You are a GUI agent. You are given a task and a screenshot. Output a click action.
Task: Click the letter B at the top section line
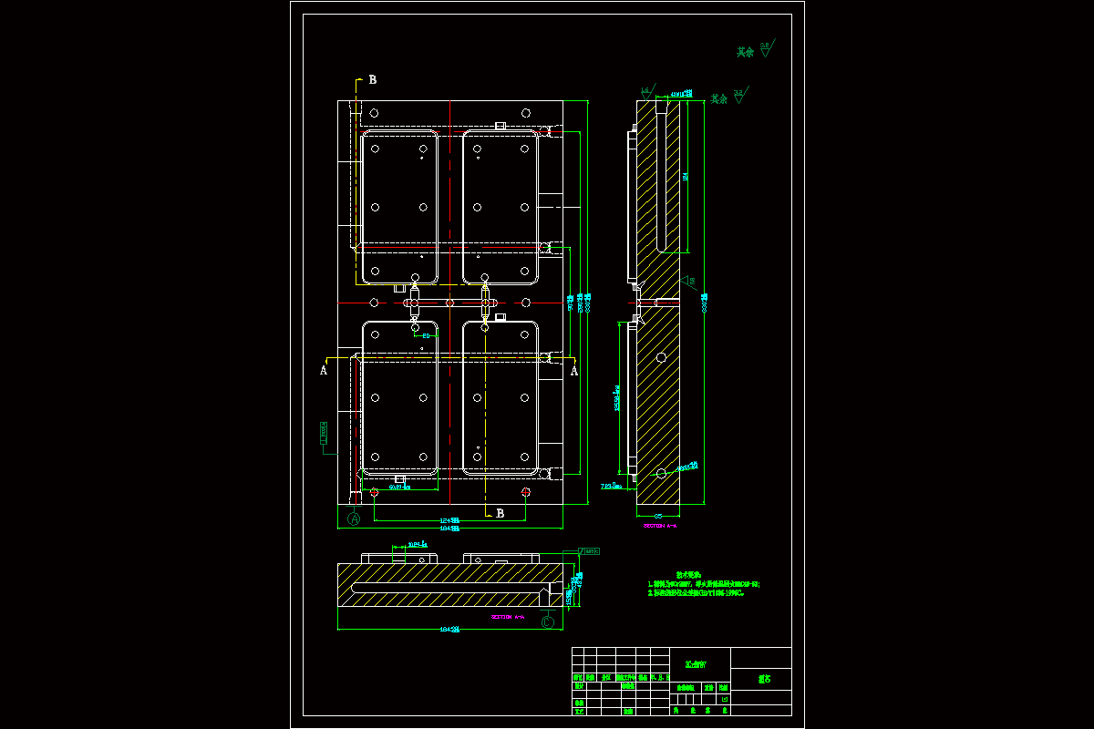(x=372, y=79)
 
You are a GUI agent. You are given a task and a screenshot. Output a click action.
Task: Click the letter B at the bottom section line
(x=500, y=514)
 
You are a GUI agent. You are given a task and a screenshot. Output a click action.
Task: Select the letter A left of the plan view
(x=323, y=370)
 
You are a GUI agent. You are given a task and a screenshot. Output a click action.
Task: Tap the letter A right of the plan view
(x=574, y=370)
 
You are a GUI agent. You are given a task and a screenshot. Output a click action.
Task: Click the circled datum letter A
(x=355, y=519)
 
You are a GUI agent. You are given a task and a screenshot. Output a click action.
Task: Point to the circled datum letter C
(x=547, y=622)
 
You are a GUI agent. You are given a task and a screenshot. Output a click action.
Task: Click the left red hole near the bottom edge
(x=374, y=492)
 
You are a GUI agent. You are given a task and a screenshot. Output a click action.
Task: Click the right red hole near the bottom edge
(x=526, y=492)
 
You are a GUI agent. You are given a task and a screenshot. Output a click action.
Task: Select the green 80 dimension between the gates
(x=425, y=336)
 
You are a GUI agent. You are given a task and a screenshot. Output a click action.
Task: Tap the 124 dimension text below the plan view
(x=449, y=520)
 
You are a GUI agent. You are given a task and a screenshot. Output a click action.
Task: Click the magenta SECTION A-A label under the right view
(x=659, y=526)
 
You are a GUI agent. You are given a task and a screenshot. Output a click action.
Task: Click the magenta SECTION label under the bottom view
(x=508, y=617)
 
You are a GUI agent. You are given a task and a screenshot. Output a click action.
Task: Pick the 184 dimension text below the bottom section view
(x=449, y=629)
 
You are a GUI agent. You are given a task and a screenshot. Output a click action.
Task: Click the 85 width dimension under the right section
(x=658, y=516)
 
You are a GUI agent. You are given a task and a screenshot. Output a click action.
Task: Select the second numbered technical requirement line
(x=697, y=592)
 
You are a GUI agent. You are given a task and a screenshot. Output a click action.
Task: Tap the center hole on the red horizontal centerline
(x=449, y=303)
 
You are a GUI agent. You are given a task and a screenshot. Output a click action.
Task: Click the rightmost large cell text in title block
(x=762, y=679)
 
